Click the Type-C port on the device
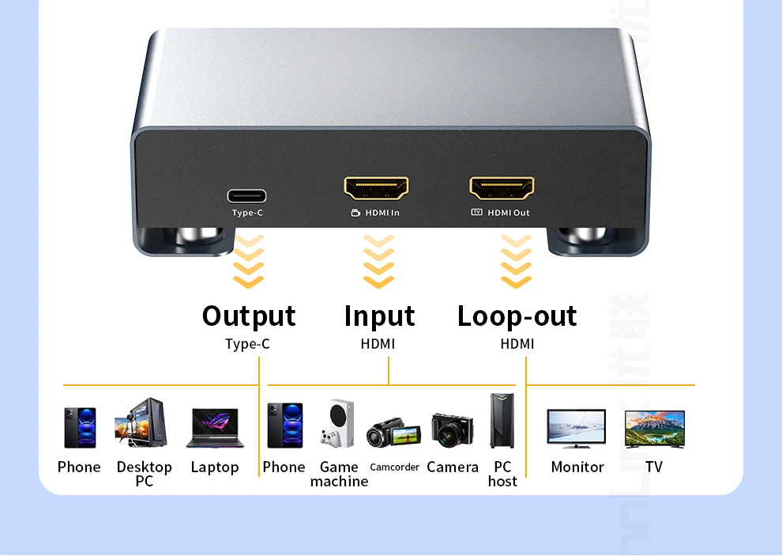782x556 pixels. [x=246, y=196]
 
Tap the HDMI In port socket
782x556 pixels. [x=376, y=188]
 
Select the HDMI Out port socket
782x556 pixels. [x=502, y=188]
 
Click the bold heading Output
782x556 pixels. [x=249, y=316]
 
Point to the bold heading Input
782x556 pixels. [x=379, y=316]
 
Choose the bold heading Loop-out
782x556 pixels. [x=517, y=316]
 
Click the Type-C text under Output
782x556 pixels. [x=247, y=344]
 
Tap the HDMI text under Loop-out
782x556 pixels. [x=517, y=344]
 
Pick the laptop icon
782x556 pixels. [x=215, y=428]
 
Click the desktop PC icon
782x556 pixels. [x=142, y=423]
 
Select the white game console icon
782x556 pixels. [x=337, y=423]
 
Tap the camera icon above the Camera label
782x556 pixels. [x=452, y=429]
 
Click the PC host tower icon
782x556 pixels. [x=502, y=422]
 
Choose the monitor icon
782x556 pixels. [x=577, y=429]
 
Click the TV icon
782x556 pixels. [x=654, y=429]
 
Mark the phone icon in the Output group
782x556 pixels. [x=80, y=428]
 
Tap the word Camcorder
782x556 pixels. [x=394, y=467]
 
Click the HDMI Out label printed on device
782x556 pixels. [x=508, y=213]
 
